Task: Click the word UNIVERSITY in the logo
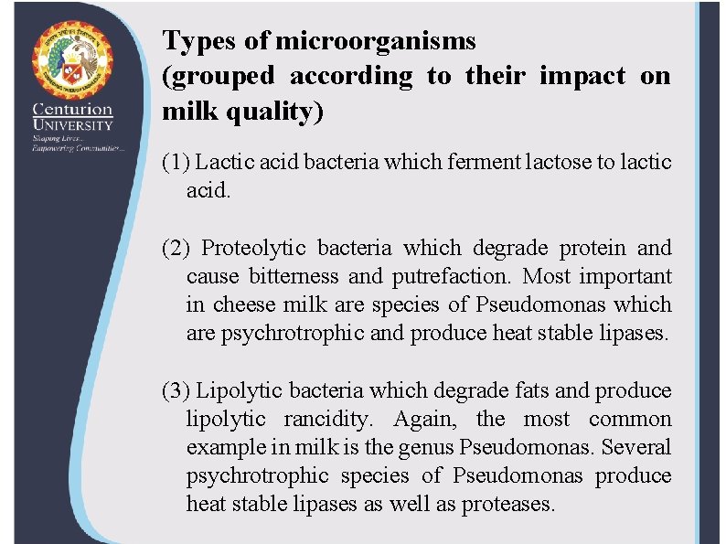click(x=73, y=125)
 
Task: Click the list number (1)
click(x=176, y=163)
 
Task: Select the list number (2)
click(x=176, y=248)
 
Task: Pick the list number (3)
click(x=176, y=391)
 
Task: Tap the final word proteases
click(x=508, y=505)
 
